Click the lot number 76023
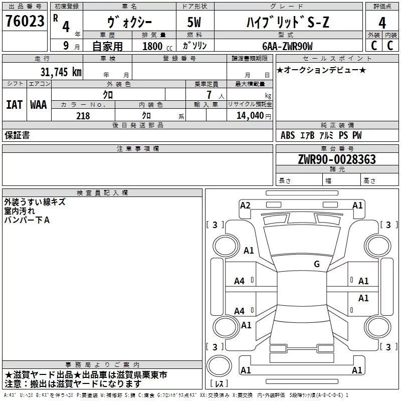click(x=25, y=22)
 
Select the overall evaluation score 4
click(x=382, y=23)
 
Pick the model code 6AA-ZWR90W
click(x=287, y=46)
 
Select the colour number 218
click(x=83, y=116)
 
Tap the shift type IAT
click(x=14, y=105)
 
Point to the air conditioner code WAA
click(x=39, y=105)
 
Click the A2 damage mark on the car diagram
click(x=245, y=206)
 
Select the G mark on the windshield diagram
click(x=317, y=264)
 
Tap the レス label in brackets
click(x=219, y=384)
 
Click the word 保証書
click(x=17, y=135)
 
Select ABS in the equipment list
click(x=288, y=135)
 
